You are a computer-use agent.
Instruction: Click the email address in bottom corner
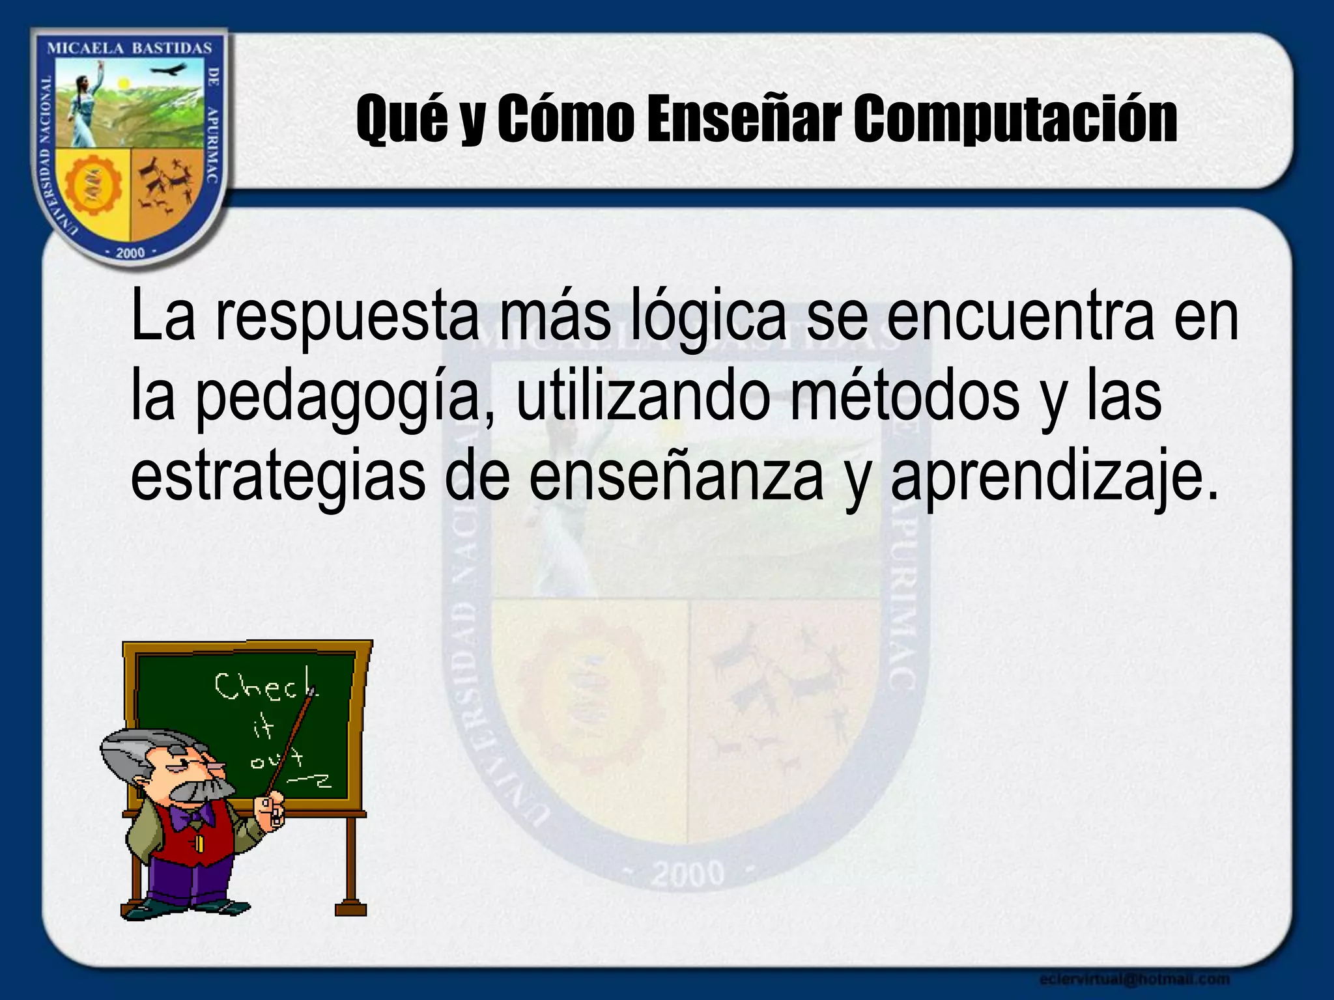click(x=1134, y=979)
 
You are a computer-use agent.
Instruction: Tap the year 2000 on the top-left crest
click(x=130, y=253)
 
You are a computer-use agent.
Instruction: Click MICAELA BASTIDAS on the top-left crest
click(x=130, y=48)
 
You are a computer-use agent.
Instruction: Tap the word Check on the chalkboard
click(x=264, y=687)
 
